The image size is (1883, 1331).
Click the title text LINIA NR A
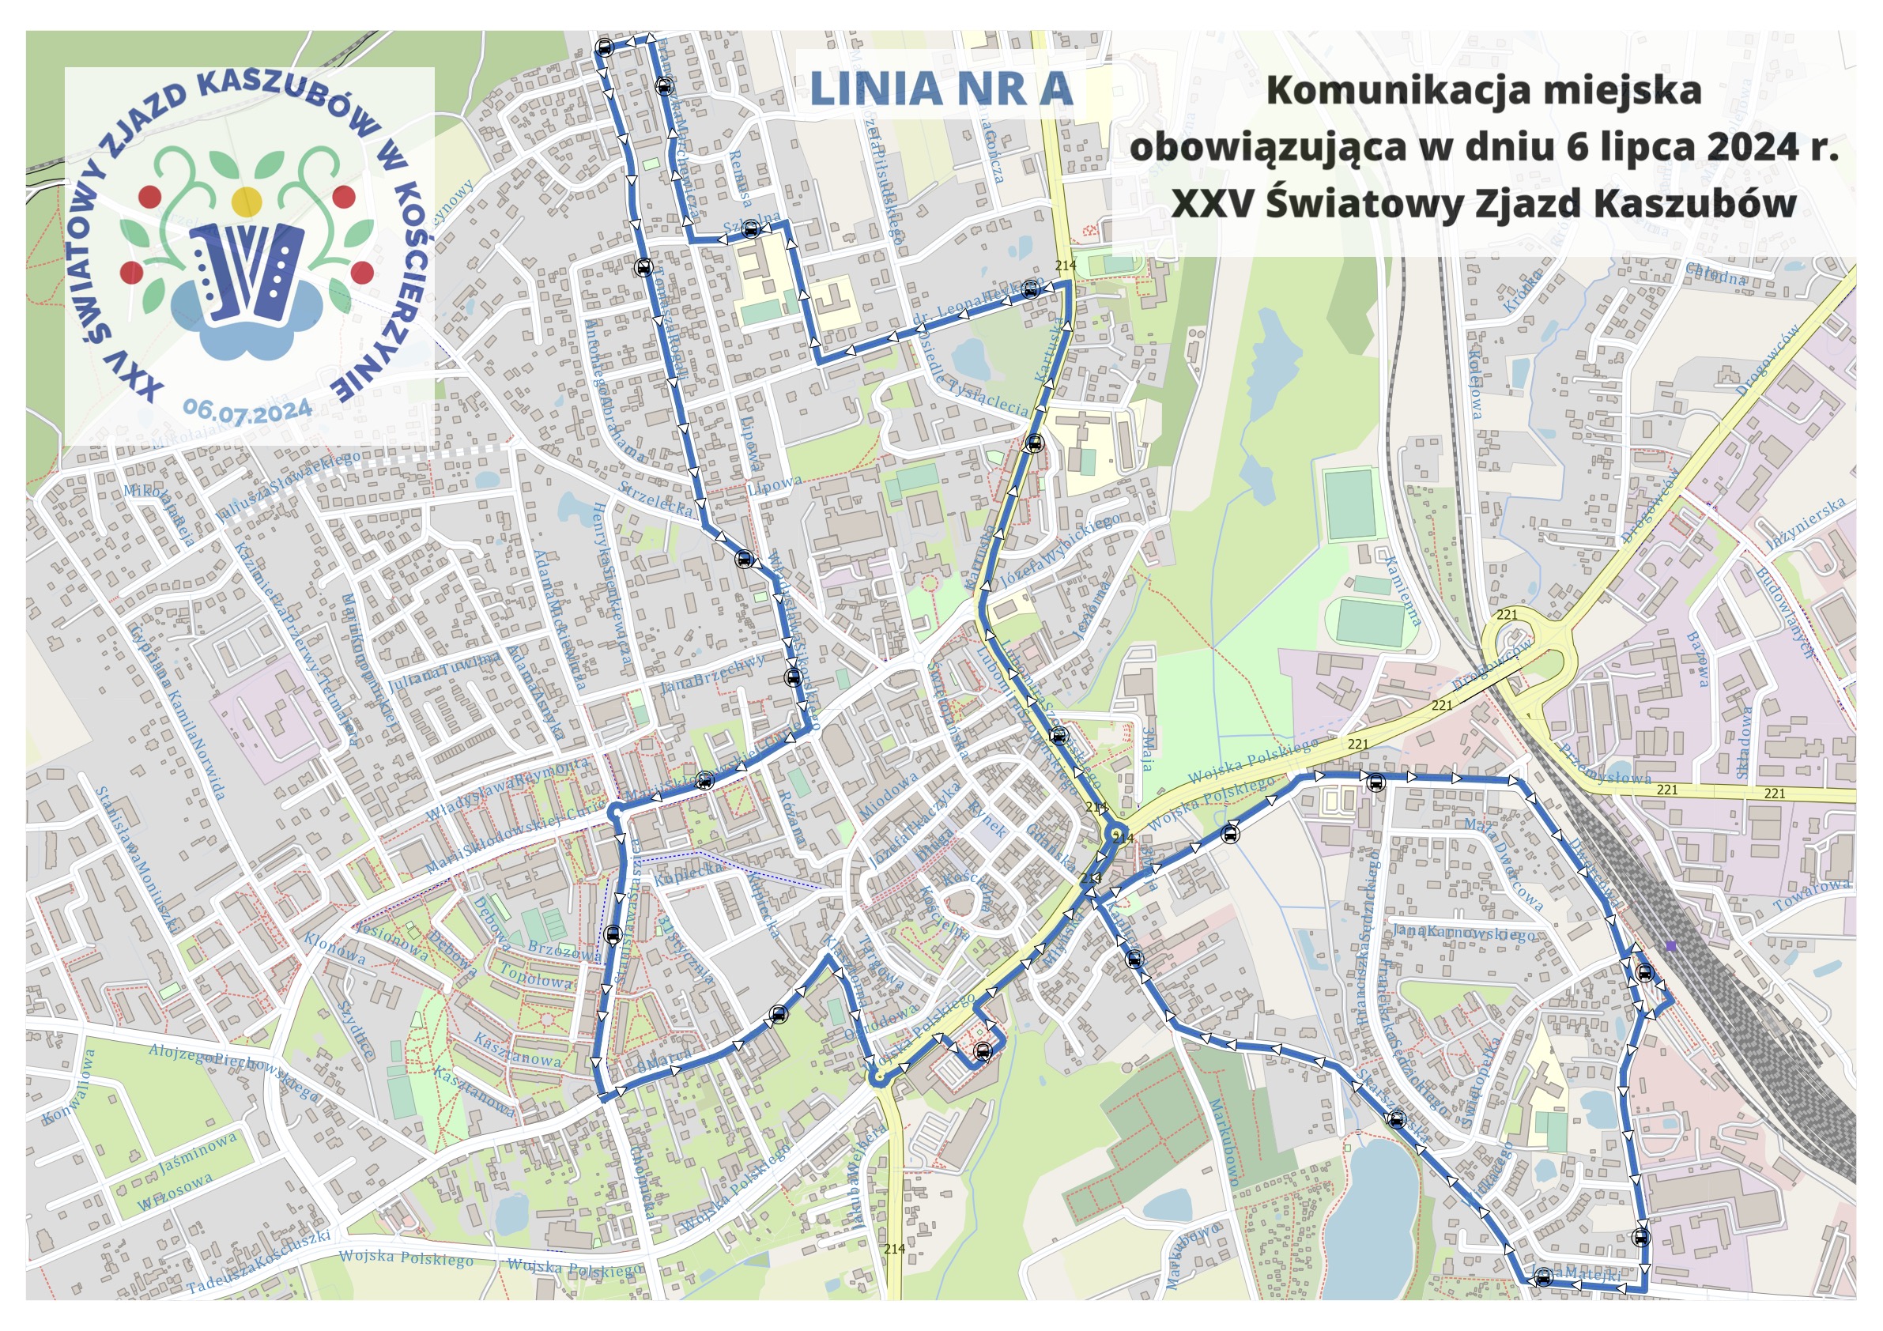tap(941, 89)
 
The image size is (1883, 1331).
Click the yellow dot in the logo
tap(246, 201)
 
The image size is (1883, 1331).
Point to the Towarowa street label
tap(1812, 894)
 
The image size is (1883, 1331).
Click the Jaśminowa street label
tap(198, 1152)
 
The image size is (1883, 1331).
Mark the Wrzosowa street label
tap(175, 1192)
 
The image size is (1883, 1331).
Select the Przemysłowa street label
tap(1605, 764)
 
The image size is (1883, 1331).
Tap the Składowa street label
tap(1742, 742)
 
